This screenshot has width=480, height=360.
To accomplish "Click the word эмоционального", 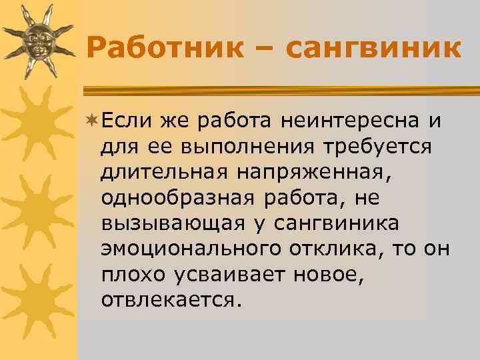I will (192, 248).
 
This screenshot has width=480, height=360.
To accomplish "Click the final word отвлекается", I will (168, 299).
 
